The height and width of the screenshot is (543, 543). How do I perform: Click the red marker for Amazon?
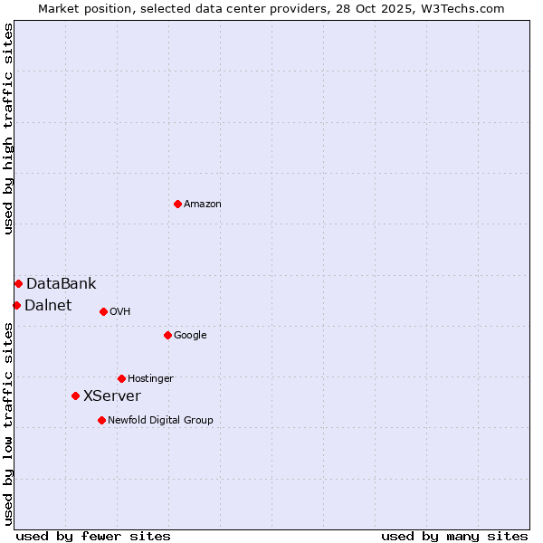pos(177,204)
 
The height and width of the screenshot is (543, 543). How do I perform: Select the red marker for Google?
pos(167,335)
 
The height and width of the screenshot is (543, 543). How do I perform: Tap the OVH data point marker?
pos(103,311)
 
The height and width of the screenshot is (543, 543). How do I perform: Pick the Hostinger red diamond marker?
pos(121,378)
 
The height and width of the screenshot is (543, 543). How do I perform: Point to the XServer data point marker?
pos(75,395)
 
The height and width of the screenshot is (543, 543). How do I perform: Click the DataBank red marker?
pos(18,283)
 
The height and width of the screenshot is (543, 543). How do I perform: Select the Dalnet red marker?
pos(16,305)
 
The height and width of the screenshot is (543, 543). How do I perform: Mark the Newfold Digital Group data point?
pos(101,420)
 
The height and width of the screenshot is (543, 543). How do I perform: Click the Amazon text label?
pos(203,205)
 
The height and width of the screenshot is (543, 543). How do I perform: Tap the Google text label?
pos(190,336)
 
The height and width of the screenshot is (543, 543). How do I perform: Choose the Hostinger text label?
pos(150,379)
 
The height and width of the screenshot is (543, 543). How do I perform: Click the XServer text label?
pos(112,396)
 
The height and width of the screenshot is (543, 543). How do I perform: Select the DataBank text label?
pos(62,284)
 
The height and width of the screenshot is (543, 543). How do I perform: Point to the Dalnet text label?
pos(48,306)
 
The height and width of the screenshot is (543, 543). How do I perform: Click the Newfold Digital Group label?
pos(160,421)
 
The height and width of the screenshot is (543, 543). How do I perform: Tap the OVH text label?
pos(120,312)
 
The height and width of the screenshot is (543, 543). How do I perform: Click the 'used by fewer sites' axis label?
pos(93,537)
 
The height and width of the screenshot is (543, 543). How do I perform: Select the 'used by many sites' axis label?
pos(454,537)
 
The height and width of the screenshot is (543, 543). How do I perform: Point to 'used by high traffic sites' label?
pos(9,129)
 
